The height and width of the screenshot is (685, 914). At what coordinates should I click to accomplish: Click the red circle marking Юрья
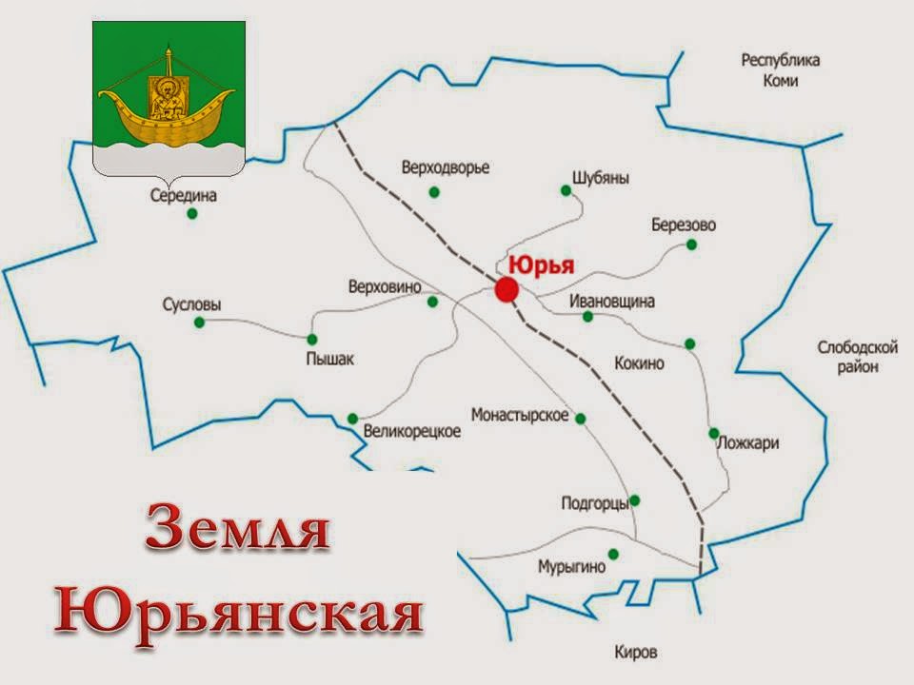click(x=506, y=290)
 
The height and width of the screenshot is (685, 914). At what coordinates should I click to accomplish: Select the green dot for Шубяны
click(x=566, y=190)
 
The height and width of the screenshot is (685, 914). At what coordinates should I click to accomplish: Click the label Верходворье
click(x=445, y=168)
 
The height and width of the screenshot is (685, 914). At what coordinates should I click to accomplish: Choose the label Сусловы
click(x=191, y=305)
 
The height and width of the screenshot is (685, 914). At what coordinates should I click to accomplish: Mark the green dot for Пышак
click(x=311, y=339)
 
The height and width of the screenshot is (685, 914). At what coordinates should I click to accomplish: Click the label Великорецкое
click(x=412, y=431)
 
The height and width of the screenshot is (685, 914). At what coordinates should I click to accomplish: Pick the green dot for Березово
click(x=691, y=245)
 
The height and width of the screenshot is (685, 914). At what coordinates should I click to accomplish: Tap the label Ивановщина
click(x=612, y=301)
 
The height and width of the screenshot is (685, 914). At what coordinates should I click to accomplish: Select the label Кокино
click(x=639, y=363)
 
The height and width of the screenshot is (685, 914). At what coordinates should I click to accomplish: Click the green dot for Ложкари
click(x=714, y=433)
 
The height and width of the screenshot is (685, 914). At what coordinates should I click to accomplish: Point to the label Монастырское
click(x=520, y=416)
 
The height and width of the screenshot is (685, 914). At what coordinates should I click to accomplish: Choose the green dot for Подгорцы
click(x=635, y=500)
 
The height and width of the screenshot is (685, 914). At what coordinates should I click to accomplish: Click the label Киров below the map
click(x=636, y=653)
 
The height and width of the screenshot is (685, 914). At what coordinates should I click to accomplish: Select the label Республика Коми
click(x=780, y=70)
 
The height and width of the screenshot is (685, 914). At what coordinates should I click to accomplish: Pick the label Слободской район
click(x=858, y=357)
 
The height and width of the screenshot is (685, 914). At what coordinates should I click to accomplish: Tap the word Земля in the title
click(x=238, y=533)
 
